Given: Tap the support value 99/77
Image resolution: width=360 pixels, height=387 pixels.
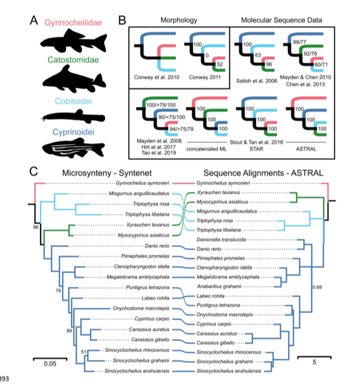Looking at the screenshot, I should pos(301,44).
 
